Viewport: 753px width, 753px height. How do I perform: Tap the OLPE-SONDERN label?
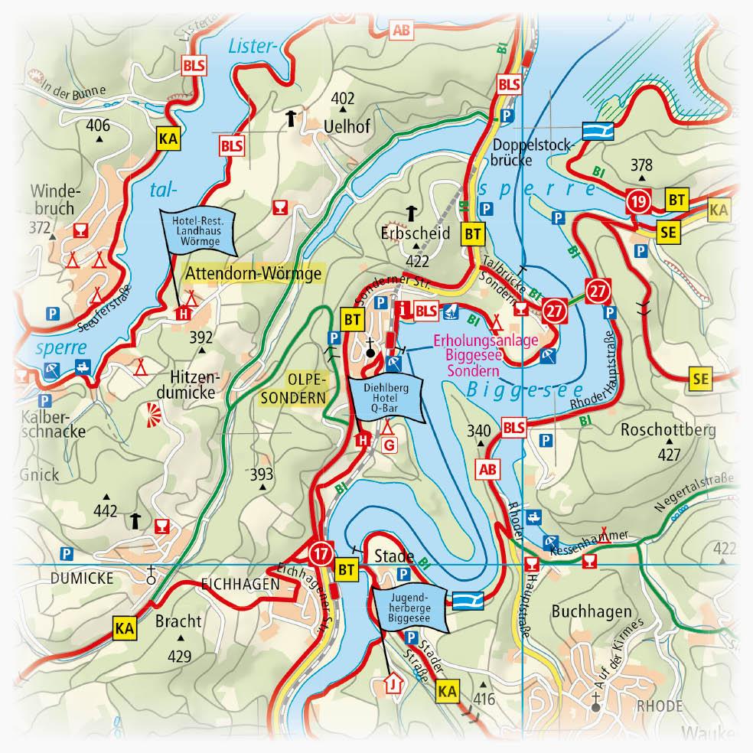(305, 388)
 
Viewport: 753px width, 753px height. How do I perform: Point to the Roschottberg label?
(668, 429)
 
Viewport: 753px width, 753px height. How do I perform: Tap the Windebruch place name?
(54, 198)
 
